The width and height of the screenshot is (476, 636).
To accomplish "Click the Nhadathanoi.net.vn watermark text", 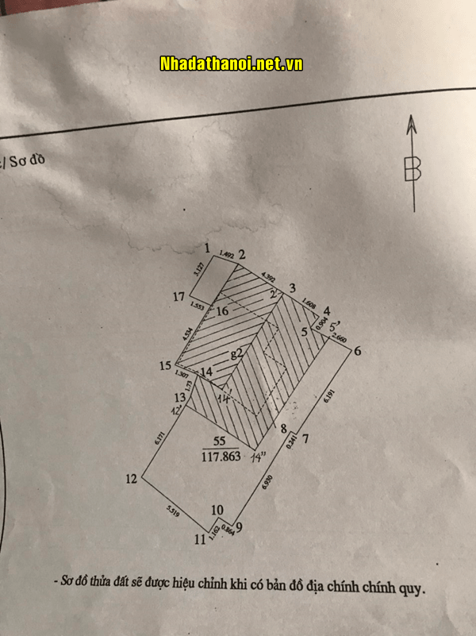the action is (x=231, y=64).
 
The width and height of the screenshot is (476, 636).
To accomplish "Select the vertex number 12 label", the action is (x=132, y=479).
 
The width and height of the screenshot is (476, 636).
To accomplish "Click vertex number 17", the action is (x=180, y=297).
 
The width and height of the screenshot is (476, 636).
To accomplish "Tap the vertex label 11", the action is (x=201, y=540).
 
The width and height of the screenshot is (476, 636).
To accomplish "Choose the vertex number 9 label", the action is (x=239, y=525).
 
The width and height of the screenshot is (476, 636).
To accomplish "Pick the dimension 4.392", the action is (x=268, y=278).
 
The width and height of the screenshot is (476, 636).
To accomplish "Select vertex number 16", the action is (x=222, y=312).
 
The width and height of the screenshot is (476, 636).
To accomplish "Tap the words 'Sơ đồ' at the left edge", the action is (x=32, y=161).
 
